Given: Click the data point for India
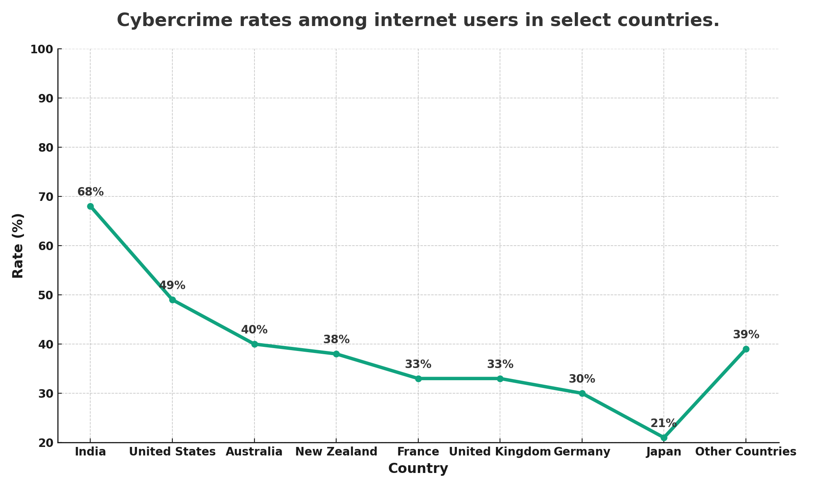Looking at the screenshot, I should [90, 207].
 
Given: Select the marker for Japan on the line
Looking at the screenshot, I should [664, 438].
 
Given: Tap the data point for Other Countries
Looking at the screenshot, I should [746, 349].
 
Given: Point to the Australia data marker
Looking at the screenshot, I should [254, 344].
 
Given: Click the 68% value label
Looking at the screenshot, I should [90, 192].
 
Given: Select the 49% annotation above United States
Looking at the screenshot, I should [172, 285].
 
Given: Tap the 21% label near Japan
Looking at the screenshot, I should [663, 423].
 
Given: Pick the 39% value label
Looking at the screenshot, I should [746, 335].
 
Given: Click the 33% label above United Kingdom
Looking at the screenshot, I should [500, 364].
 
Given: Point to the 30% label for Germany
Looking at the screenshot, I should [582, 379].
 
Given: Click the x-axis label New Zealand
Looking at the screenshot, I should [336, 452].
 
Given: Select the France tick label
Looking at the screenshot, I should [418, 452].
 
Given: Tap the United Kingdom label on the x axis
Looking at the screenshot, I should [500, 452].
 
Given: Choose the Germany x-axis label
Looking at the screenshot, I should [582, 452].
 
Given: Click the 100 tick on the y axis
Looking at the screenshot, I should [42, 49].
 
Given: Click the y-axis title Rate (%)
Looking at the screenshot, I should [18, 246].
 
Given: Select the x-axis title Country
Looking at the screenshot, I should [418, 468].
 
